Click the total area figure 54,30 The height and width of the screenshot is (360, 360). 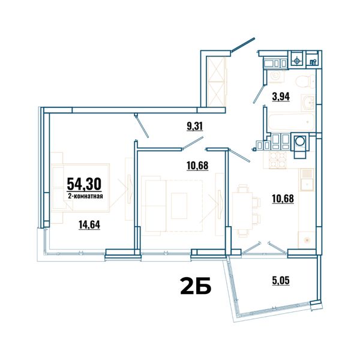click(84, 184)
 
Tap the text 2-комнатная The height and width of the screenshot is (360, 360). click(85, 196)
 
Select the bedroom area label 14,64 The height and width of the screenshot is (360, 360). click(89, 224)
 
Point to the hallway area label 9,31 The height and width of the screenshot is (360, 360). click(194, 126)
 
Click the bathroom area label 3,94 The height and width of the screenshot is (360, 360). click(281, 97)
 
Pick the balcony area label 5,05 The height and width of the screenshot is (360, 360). click(281, 280)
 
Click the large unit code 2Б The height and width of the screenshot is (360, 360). click(196, 286)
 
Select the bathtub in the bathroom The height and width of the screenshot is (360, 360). click(291, 122)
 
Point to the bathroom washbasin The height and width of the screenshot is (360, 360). click(308, 103)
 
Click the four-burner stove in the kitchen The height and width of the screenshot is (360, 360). click(277, 160)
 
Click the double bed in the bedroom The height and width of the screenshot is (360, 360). click(80, 188)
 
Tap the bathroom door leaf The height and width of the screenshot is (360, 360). click(259, 94)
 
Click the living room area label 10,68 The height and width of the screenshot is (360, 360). click(197, 166)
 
